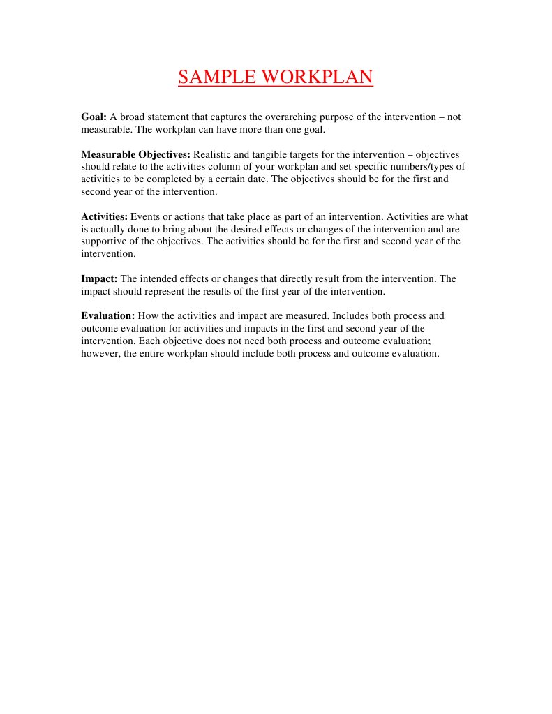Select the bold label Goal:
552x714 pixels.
coord(94,117)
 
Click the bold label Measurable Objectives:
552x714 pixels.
coord(135,154)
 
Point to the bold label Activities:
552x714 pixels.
coord(105,216)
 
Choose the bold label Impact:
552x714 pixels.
coord(99,278)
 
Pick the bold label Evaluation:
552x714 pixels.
coord(108,315)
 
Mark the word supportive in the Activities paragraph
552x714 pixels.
coord(104,241)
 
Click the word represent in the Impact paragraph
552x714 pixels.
coord(166,291)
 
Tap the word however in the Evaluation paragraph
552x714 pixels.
coord(100,353)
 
